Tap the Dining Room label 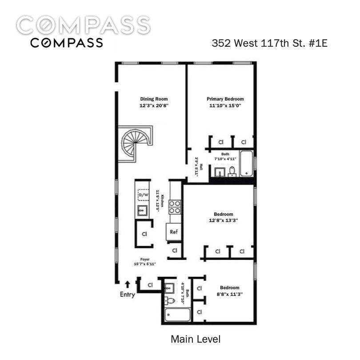tap(154, 99)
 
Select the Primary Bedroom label tap(225, 99)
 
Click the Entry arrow tap(128, 284)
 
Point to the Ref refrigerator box tap(174, 232)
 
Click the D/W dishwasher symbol tap(143, 195)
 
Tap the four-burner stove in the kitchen tap(175, 207)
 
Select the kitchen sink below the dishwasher tap(142, 210)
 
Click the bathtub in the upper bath tap(246, 163)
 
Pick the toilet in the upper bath tap(232, 171)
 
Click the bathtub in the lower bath tap(177, 315)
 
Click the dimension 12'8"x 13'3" tap(223, 220)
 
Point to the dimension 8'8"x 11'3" tap(230, 294)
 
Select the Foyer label tap(145, 259)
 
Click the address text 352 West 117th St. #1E tap(269, 43)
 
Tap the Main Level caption tap(196, 340)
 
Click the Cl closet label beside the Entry tap(150, 285)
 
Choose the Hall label tap(201, 167)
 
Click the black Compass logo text tap(67, 43)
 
